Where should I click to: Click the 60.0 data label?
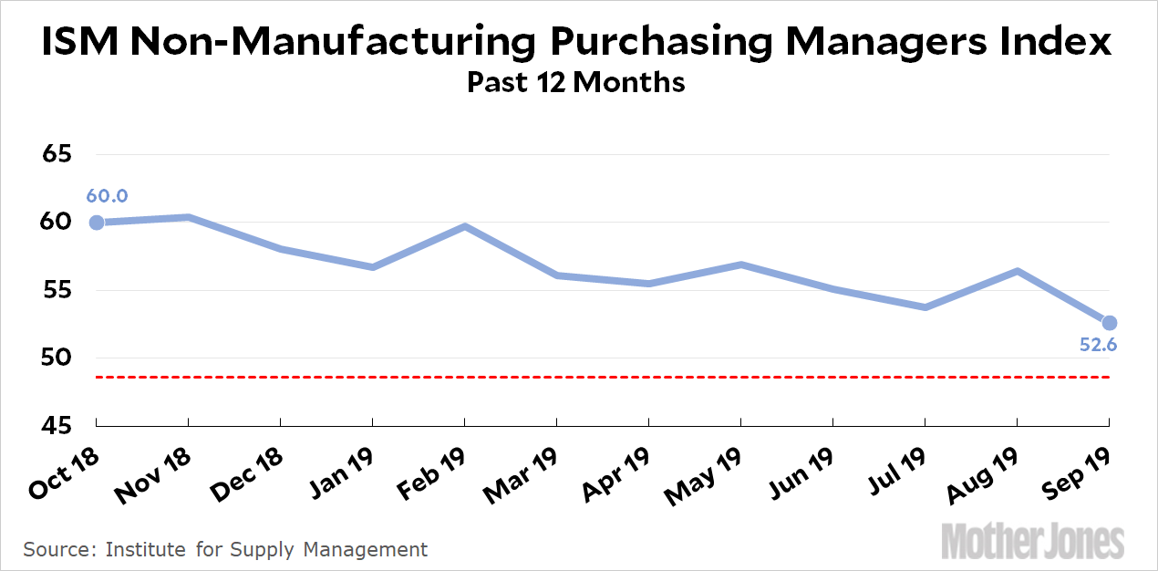[107, 196]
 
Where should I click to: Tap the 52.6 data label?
[1099, 345]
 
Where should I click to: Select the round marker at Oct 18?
[97, 223]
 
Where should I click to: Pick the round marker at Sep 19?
[1109, 323]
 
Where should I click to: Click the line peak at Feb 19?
[465, 226]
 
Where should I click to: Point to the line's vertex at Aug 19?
[1017, 271]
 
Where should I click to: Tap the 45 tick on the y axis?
[57, 426]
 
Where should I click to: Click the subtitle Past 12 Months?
[575, 82]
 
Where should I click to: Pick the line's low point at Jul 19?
[925, 307]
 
